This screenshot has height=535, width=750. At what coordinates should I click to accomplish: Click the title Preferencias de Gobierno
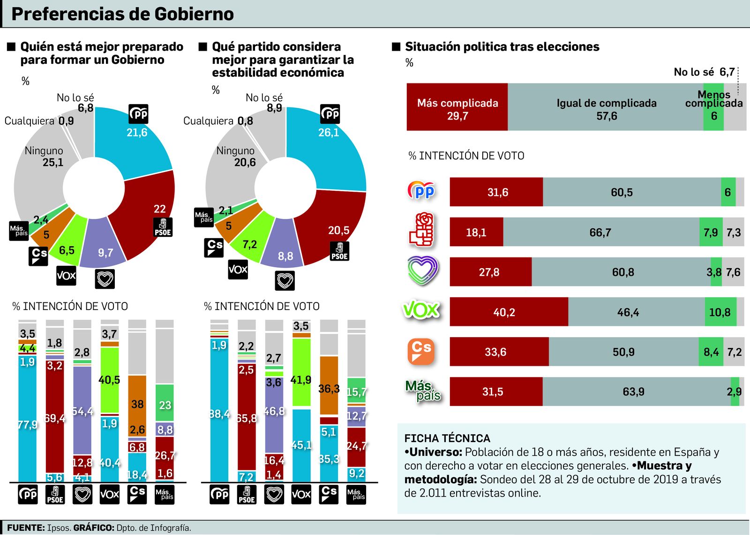pos(122,14)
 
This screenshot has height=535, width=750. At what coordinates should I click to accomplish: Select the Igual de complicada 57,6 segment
pos(606,108)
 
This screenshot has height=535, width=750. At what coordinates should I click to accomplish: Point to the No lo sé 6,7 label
pos(704,72)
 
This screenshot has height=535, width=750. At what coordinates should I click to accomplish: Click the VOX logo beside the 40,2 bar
pos(420,310)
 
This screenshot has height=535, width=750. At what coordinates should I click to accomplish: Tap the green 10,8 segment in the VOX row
pos(720,312)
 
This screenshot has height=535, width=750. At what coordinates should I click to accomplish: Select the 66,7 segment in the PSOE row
pos(600,232)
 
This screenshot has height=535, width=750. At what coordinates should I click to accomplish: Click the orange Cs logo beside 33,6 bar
pos(420,351)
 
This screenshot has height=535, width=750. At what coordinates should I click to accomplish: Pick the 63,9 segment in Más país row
pos(633,392)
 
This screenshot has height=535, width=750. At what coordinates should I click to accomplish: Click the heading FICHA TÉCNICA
pos(447,438)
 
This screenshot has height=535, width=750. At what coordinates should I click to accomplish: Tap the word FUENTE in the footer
pos(25,528)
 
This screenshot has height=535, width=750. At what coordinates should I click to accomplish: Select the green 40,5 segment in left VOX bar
pos(109,380)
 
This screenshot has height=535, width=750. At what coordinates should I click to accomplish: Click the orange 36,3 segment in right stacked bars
pos(329,387)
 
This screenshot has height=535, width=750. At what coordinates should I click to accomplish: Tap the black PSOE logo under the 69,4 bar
pos(55,495)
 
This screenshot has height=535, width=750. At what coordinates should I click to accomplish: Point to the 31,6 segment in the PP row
pos(496,192)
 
